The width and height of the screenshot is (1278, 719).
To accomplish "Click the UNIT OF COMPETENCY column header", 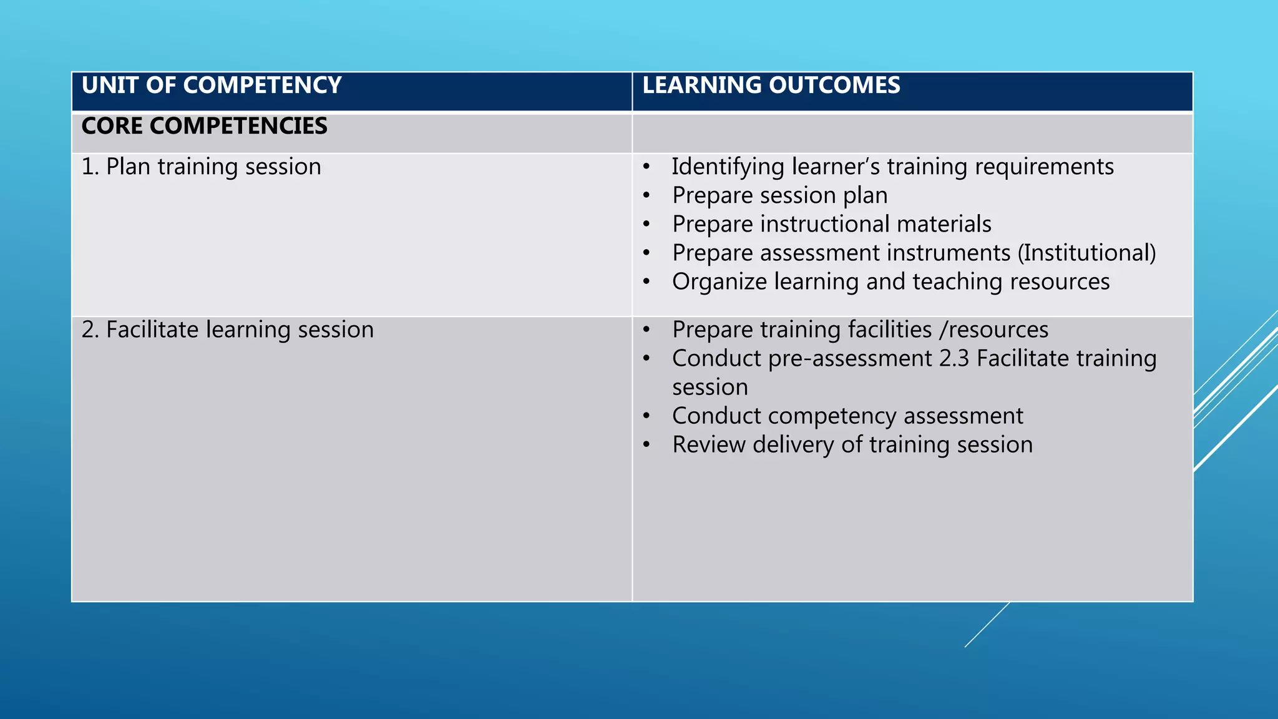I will pos(212,86).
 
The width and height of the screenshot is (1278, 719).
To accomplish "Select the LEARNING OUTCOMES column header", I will pos(771,86).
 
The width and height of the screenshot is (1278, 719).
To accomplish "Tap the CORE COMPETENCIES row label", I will pos(204,126).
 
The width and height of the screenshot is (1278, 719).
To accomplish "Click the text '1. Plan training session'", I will pos(201,167).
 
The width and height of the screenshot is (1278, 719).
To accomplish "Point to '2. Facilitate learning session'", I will pos(227,330).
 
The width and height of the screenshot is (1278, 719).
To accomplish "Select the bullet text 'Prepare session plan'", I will pos(779,196).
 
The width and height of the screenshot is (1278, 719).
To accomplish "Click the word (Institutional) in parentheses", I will pos(1086,253).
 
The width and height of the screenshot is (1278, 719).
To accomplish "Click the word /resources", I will pos(993,330).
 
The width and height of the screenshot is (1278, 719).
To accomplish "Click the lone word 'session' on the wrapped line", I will pos(710,388).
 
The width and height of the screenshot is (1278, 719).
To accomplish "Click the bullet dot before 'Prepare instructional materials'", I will pos(647,225).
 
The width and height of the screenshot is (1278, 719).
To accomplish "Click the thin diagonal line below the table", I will pos(987,625).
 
